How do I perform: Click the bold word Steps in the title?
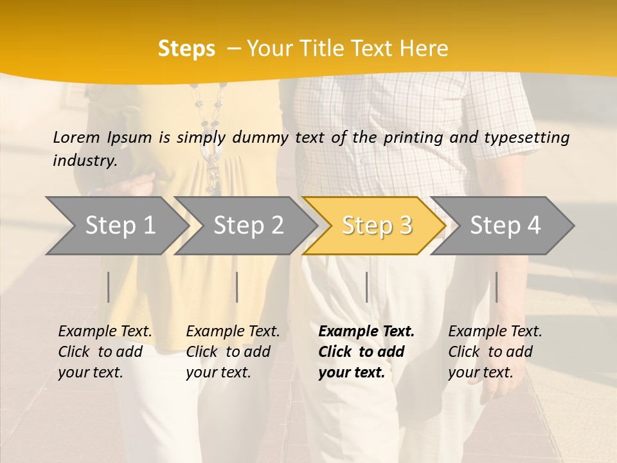coord(186,49)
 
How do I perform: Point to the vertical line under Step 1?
coord(109,287)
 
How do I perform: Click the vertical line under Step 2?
coord(237,287)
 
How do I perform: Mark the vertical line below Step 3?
coord(366,287)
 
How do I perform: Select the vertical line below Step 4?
coord(496,287)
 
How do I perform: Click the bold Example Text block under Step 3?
coord(366,352)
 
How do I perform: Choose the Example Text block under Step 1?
coord(105,352)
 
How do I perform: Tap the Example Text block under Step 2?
coord(233,352)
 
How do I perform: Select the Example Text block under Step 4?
coord(495,352)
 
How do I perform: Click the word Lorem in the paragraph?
coord(76,137)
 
